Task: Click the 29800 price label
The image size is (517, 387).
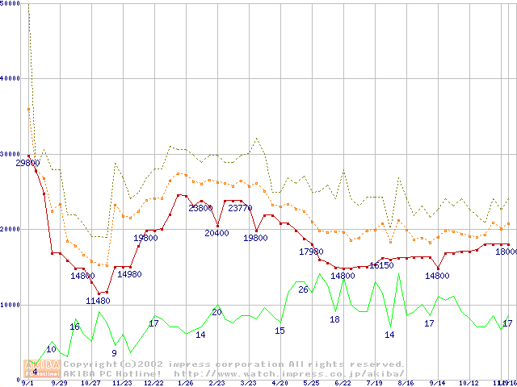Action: [x=28, y=163]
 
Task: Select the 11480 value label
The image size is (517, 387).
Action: [x=98, y=301]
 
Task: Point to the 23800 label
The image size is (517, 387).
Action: [x=200, y=208]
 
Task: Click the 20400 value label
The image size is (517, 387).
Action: [x=216, y=233]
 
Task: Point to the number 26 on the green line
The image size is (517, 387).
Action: [x=303, y=289]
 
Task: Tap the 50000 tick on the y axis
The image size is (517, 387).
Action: [x=11, y=5]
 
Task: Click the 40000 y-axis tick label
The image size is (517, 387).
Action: [x=11, y=79]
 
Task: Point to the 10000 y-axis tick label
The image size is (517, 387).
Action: [x=11, y=305]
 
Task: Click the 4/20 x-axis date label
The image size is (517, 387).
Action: [x=280, y=384]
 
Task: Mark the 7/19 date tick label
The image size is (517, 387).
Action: [x=374, y=384]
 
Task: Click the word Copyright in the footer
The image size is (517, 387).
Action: [x=86, y=364]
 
